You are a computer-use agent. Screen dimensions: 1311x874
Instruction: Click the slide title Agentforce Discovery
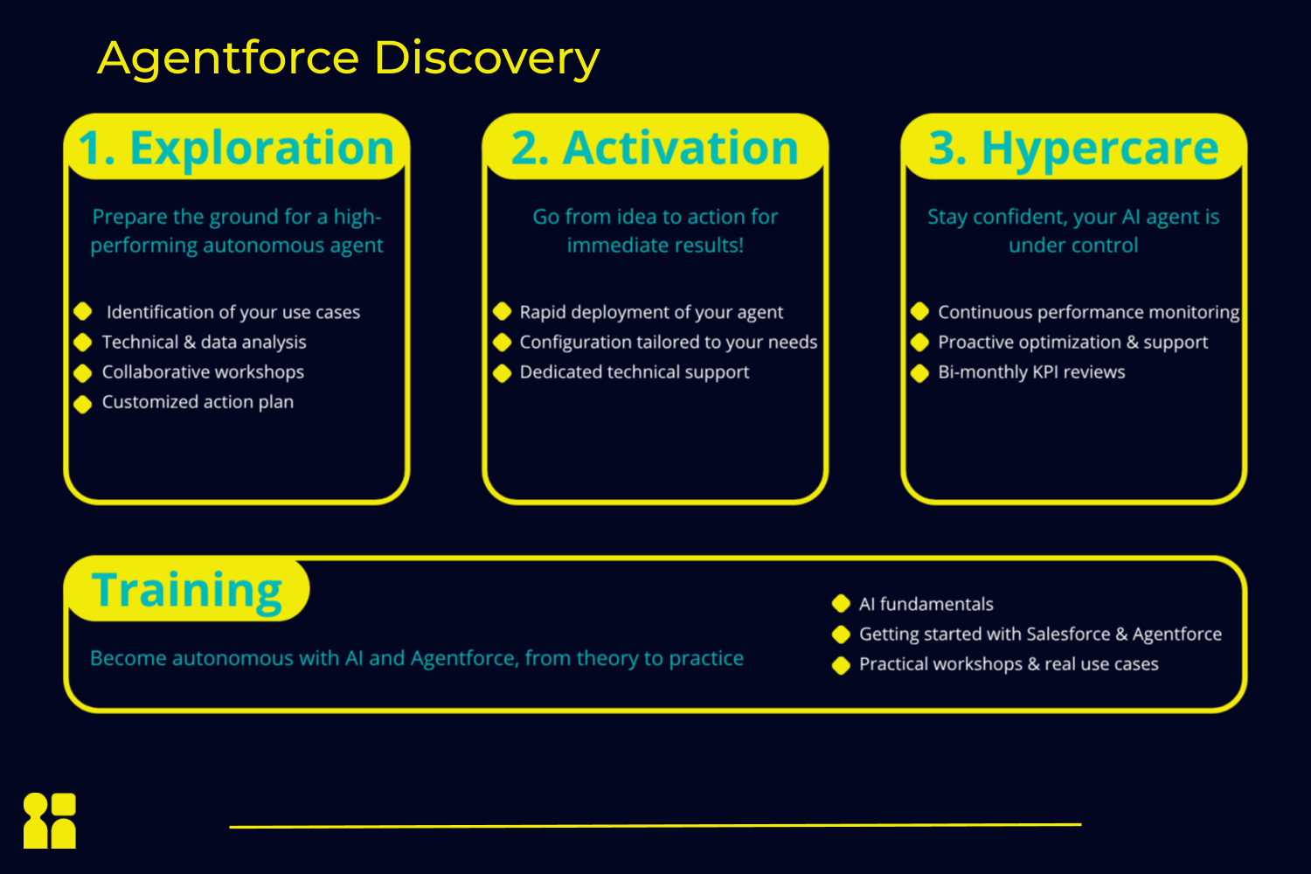349,59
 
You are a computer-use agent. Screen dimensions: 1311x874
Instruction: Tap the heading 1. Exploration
236,148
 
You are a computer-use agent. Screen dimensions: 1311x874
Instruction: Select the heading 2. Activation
655,148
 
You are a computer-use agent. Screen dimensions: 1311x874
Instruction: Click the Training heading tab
187,591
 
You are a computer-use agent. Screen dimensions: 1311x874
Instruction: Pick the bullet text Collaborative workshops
203,372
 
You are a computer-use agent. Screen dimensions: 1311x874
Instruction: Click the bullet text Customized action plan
198,402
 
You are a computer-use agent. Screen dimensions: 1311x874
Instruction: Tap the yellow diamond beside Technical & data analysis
83,343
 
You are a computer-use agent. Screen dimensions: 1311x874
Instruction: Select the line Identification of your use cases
233,313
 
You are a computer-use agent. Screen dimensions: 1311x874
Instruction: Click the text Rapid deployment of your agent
651,313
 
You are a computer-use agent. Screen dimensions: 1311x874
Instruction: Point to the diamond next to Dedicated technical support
503,373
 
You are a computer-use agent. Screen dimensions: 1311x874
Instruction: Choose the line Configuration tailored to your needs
669,343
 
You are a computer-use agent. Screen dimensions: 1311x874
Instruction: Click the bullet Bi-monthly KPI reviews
1031,372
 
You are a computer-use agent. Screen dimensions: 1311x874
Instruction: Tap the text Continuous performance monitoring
1089,313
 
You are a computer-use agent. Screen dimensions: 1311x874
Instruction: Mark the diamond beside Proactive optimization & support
920,343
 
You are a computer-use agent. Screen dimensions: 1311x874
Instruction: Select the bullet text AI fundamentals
926,604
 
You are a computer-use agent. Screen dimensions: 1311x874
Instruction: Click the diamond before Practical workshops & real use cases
841,665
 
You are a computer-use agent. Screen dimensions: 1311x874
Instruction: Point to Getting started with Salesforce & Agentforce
1040,635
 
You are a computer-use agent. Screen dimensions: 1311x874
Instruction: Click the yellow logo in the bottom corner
50,821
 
